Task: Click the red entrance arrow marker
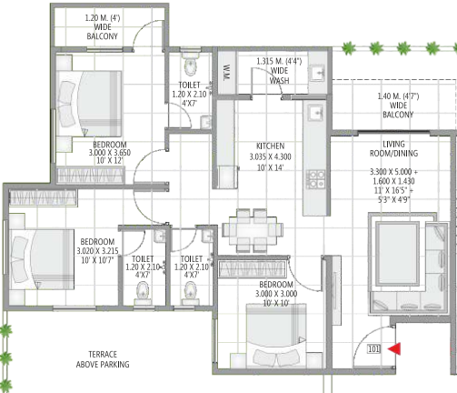point(393,348)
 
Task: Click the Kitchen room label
point(270,146)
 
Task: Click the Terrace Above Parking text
point(102,358)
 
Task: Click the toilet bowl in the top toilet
point(190,65)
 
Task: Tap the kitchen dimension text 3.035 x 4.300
point(270,156)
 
